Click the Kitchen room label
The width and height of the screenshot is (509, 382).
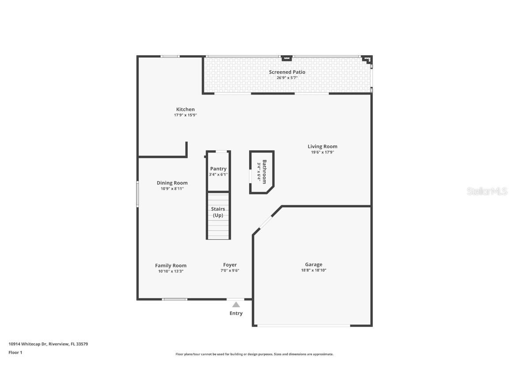(185, 109)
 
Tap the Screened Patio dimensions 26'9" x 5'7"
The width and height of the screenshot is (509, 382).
(287, 78)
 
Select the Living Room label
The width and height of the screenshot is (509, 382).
(322, 146)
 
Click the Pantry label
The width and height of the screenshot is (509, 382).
(218, 168)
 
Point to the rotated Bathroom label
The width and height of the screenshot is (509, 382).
(264, 172)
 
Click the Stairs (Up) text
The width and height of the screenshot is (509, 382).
(218, 212)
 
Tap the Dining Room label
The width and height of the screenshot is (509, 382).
(172, 183)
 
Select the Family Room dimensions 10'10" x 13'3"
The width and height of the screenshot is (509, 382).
(171, 271)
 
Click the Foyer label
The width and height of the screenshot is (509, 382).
(230, 265)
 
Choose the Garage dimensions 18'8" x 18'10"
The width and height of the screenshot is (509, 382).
(313, 270)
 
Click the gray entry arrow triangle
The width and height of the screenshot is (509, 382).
(236, 304)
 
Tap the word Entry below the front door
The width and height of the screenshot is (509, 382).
(236, 313)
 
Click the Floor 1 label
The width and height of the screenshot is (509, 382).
(15, 352)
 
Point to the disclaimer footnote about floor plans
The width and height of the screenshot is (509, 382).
(254, 354)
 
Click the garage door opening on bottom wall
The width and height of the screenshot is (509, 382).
(304, 326)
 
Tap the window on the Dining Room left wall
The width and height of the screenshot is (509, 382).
(137, 194)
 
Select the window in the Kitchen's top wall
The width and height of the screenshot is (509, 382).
(170, 56)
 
